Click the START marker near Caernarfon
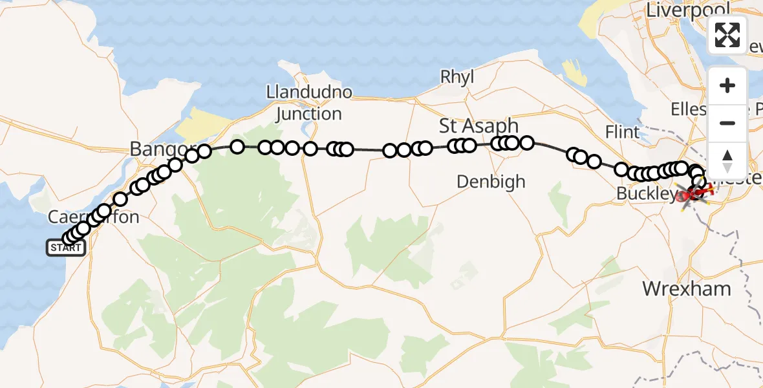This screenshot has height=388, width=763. coord(65,248)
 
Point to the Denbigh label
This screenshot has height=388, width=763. coord(491,182)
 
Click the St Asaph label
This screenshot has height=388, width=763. coord(478,125)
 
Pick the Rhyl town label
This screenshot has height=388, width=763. coord(457,77)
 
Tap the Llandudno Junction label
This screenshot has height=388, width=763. coord(309,103)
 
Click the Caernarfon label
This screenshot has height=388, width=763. coord(94,217)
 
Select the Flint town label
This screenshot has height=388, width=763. coord(622,133)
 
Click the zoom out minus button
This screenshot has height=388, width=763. coord(727,123)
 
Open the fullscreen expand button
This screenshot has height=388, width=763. coord(727,35)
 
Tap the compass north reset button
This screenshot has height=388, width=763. coord(727,158)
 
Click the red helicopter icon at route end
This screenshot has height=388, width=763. coord(698,191)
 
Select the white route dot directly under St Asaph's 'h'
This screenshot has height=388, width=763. coord(511,143)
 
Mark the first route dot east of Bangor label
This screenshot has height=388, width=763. coord(204,151)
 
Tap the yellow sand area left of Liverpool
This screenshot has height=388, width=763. coord(591,26)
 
